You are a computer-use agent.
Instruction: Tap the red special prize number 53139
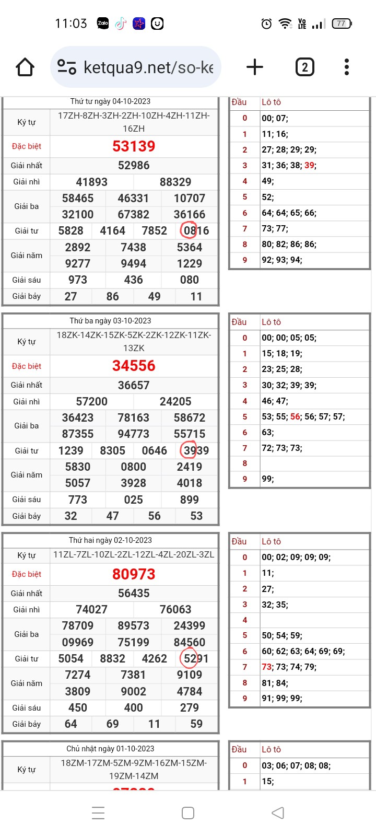coord(134,146)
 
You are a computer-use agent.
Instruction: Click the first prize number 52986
coord(134,166)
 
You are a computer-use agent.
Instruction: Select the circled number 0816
coord(196,230)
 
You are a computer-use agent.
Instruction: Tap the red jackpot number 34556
coord(134,366)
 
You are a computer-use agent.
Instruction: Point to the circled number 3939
coord(196,450)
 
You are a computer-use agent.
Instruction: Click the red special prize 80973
coord(134,574)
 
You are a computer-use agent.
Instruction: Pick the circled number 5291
coord(196,658)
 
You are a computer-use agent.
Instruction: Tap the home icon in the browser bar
coord(25,67)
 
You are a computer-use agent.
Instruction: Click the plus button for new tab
coord(255,67)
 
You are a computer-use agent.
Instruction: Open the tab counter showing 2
coord(304,67)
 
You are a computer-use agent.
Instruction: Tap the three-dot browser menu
coord(347,67)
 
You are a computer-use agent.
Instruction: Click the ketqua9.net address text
coord(148,67)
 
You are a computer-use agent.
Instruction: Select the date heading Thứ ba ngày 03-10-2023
coord(110,321)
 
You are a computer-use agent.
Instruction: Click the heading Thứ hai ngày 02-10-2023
coord(110,540)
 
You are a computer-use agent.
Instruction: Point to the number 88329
coord(175,182)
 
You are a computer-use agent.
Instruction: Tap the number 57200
coord(92,401)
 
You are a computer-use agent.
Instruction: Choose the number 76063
coord(175,609)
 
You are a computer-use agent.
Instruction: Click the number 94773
coord(134,434)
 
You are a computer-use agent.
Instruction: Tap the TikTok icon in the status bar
coord(121,24)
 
